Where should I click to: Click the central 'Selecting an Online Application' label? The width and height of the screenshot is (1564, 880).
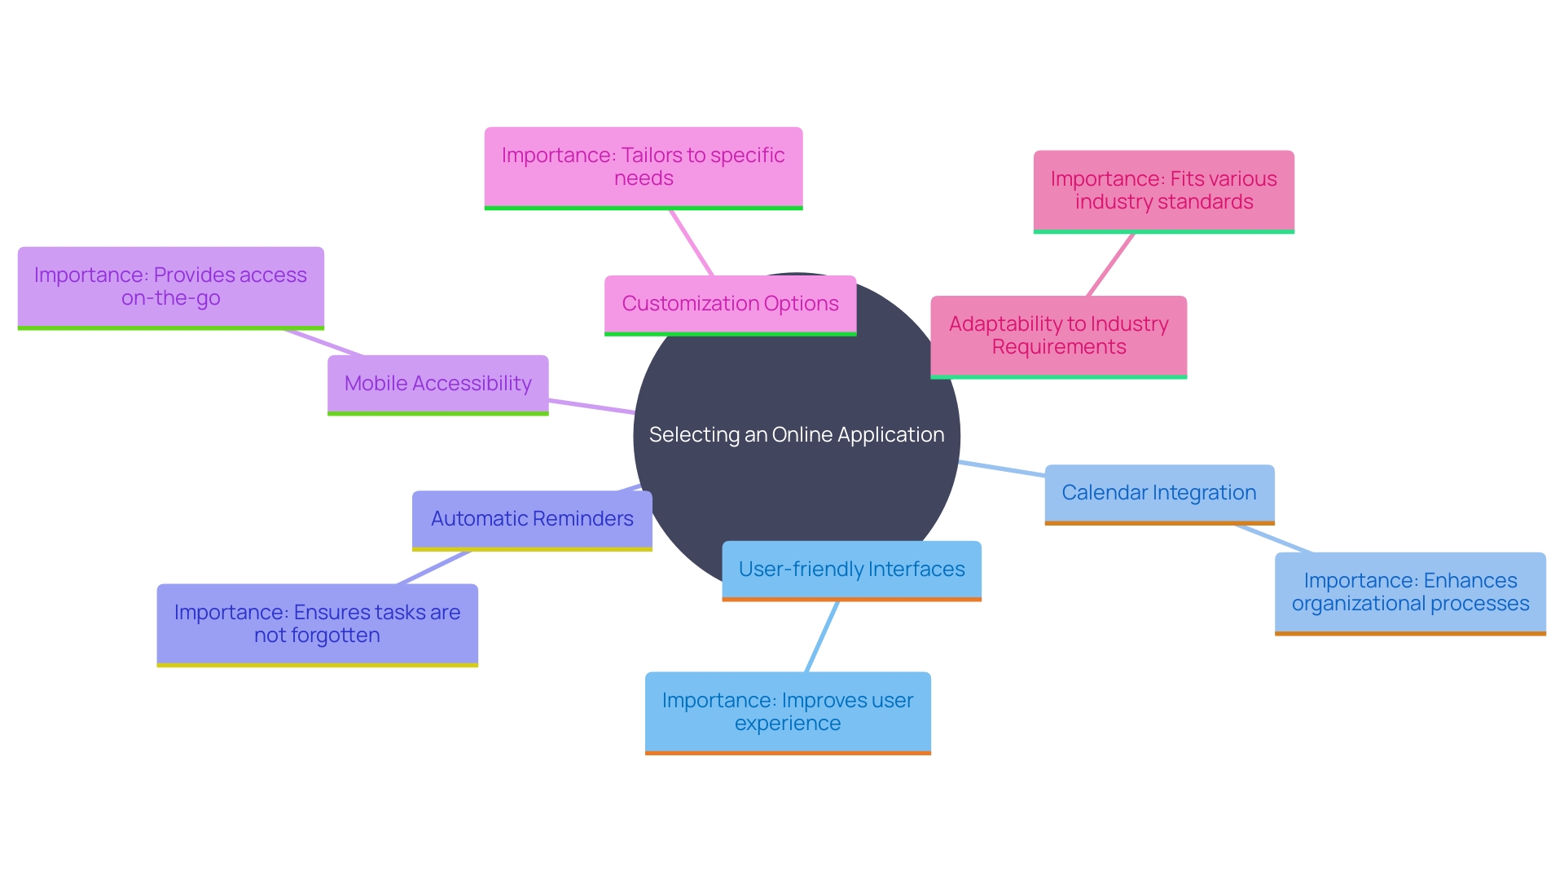[x=796, y=434]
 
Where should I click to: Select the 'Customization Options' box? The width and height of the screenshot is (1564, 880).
[x=730, y=304]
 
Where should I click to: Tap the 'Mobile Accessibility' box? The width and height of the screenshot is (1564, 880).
[x=437, y=384]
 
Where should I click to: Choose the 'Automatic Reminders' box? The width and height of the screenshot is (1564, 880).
[x=532, y=519]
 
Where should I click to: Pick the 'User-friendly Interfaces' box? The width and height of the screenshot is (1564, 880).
[x=851, y=570]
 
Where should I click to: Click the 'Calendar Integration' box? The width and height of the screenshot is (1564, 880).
[x=1158, y=493]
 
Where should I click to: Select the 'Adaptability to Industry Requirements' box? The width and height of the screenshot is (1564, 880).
[x=1058, y=336]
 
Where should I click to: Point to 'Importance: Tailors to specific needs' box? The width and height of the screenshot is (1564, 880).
[x=643, y=167]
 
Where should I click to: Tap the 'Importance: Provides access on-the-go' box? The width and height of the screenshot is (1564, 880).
[x=170, y=287]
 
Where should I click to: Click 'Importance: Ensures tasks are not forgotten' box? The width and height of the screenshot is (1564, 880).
[x=317, y=624]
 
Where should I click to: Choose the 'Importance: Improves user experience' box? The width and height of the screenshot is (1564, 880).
[x=787, y=712]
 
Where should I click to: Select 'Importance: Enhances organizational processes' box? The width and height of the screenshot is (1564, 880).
[x=1409, y=592]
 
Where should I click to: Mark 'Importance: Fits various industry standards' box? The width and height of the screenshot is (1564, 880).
[x=1163, y=191]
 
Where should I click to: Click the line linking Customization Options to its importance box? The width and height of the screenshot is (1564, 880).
[x=692, y=243]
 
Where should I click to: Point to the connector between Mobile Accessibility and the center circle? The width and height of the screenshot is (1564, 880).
[x=591, y=406]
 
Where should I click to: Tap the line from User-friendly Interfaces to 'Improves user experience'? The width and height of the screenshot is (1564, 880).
[x=822, y=637]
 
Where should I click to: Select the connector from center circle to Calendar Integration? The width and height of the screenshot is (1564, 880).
[x=1002, y=469]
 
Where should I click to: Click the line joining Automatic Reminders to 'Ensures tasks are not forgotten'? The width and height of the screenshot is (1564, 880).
[x=434, y=567]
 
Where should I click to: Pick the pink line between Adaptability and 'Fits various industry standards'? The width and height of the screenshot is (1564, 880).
[x=1110, y=265]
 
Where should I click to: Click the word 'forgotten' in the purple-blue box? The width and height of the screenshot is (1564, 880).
[x=335, y=636]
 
